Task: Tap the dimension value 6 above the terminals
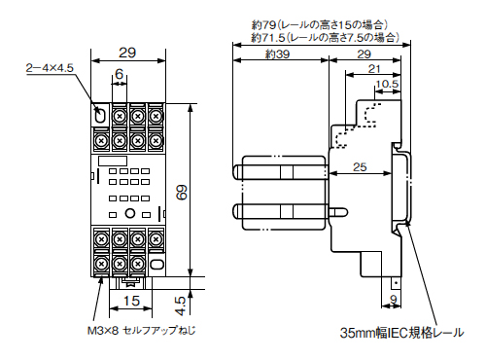(x=119, y=75)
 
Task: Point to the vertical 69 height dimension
(x=181, y=192)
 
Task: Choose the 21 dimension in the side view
(x=373, y=70)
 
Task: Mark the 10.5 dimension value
(x=387, y=85)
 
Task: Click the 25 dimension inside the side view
(x=360, y=168)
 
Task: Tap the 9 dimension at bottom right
(x=395, y=298)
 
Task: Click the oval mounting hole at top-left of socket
(x=101, y=116)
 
